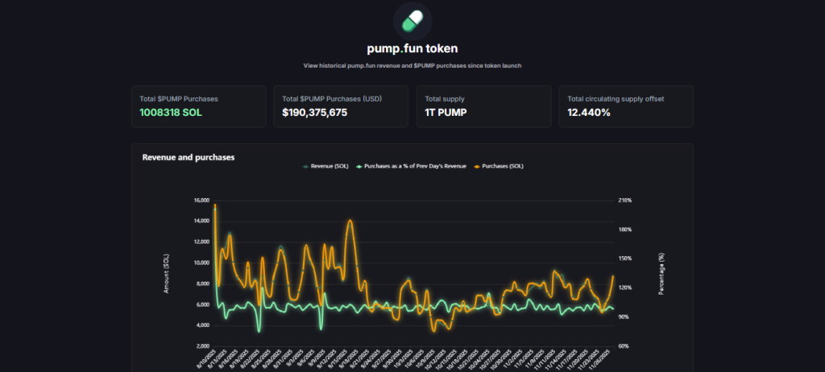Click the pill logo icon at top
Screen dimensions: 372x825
point(412,21)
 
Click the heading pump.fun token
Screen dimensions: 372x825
point(412,48)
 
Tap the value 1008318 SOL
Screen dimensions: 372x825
point(171,113)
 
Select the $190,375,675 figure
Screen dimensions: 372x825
point(315,113)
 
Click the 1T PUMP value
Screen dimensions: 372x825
point(446,113)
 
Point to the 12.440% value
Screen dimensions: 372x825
point(589,113)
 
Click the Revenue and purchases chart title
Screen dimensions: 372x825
point(188,157)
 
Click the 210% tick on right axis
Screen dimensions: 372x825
point(625,200)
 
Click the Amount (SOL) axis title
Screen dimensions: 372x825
point(167,273)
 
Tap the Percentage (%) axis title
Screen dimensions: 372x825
point(661,273)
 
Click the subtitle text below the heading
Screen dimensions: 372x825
point(412,65)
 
